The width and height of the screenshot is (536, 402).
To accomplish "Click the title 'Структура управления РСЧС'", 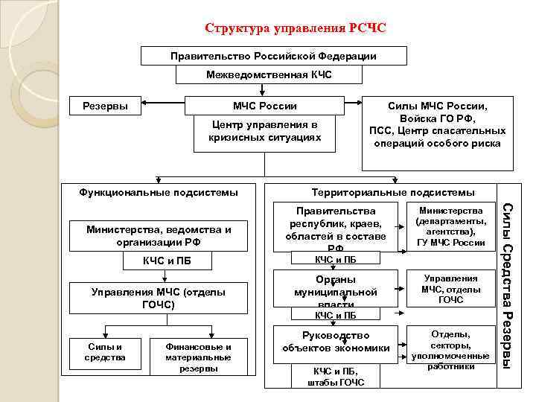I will [x=296, y=29].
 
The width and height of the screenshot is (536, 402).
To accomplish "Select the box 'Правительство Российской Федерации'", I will [x=273, y=56].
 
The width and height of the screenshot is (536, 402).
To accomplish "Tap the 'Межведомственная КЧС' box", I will [x=269, y=74].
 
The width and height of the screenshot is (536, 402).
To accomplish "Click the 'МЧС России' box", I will [x=264, y=106].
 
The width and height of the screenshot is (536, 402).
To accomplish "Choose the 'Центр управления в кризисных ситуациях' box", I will [x=264, y=132].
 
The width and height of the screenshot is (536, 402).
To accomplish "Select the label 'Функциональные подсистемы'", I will [x=159, y=193].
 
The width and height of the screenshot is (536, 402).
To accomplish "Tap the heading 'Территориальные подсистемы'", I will [x=392, y=193].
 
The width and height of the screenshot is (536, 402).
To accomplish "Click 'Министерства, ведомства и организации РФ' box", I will [x=158, y=236].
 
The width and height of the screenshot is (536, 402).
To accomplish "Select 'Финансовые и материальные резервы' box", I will [x=198, y=357].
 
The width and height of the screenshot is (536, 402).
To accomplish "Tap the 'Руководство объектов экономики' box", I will [x=336, y=342].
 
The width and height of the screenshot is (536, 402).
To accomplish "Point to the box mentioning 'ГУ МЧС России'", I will [x=451, y=226].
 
